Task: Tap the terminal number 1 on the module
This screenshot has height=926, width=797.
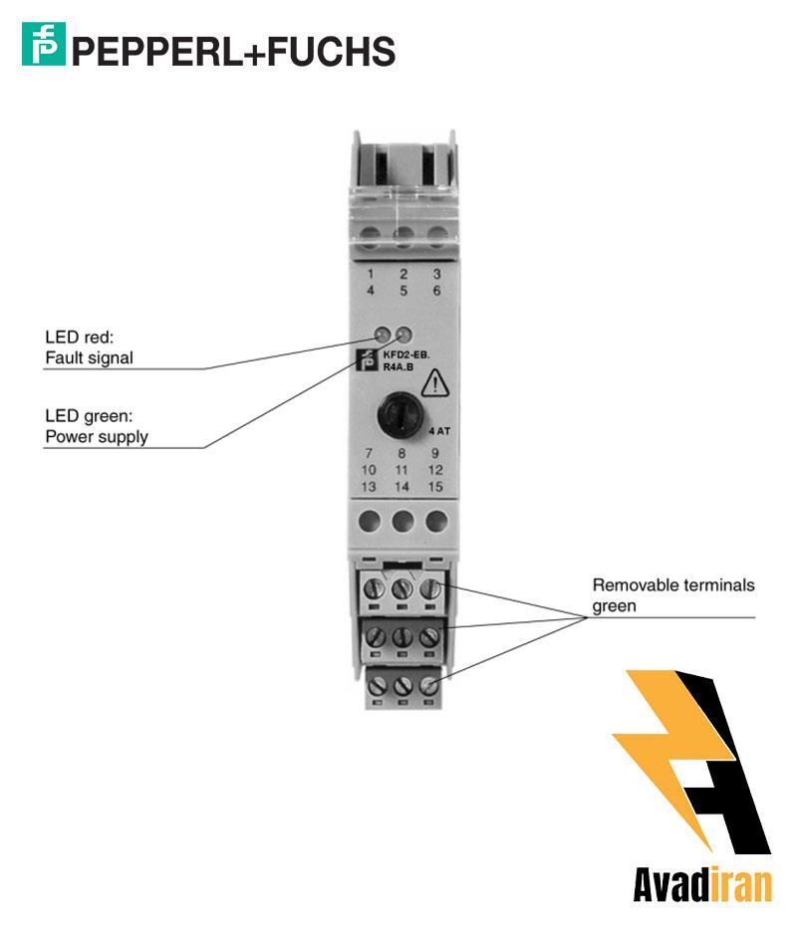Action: coord(371,274)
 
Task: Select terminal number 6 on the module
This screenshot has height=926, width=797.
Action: coord(436,291)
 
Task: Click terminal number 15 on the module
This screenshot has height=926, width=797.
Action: coord(435,486)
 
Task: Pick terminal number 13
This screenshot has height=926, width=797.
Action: coord(369,486)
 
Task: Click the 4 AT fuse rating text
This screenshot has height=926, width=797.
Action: coord(439,432)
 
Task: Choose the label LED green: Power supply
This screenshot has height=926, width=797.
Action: coord(96,427)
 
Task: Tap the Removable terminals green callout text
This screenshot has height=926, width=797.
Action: coord(673,594)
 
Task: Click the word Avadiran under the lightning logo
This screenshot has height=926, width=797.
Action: coord(702,884)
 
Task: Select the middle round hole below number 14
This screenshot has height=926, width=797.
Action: coord(402,521)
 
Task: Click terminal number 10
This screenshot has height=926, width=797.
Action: coord(369,469)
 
